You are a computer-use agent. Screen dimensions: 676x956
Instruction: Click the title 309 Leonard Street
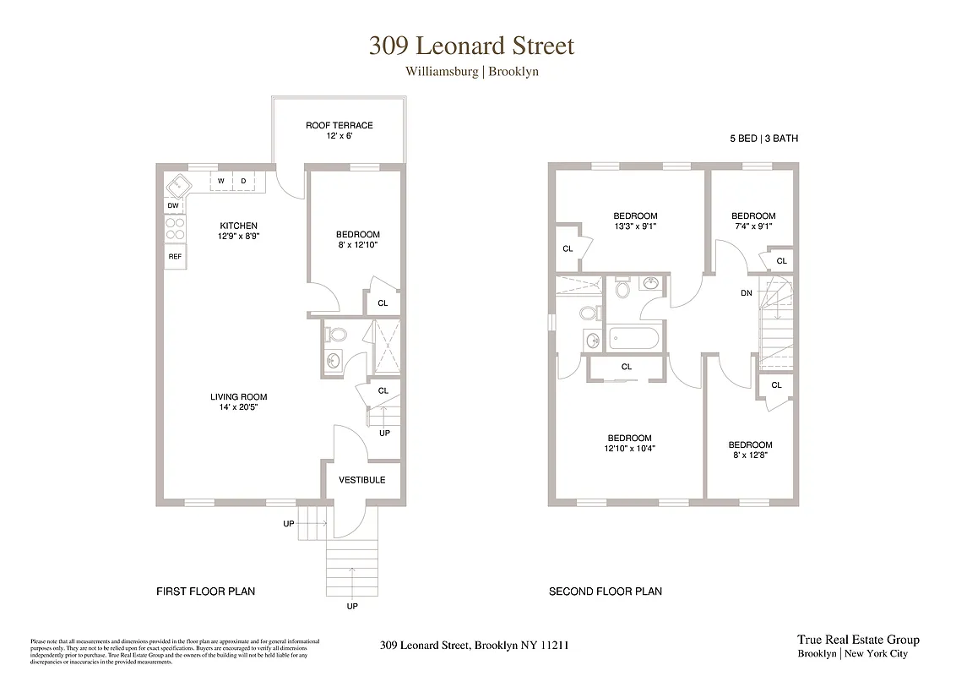pos(471,45)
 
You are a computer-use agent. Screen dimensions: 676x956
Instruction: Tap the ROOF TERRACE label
pos(339,125)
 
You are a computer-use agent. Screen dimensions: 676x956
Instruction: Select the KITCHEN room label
pos(239,226)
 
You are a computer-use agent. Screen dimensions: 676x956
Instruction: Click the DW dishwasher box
pos(173,205)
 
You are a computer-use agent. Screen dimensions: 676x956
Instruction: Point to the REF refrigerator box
pos(175,256)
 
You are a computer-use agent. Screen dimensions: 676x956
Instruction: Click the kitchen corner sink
pos(178,184)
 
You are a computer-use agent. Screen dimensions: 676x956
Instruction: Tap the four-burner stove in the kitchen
pos(175,229)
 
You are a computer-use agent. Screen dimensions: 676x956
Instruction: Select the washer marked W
pos(221,181)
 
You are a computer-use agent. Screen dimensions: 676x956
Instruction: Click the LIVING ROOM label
pos(239,396)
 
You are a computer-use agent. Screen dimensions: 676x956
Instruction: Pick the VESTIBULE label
pos(361,480)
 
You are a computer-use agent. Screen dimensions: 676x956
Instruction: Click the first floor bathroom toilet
pos(334,334)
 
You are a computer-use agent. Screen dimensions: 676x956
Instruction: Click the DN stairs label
pos(746,294)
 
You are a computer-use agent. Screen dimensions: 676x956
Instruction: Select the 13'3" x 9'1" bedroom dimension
pos(635,226)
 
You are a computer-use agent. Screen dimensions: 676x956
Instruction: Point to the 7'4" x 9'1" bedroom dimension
pos(752,226)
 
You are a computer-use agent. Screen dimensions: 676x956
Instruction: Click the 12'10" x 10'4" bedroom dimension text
pos(629,449)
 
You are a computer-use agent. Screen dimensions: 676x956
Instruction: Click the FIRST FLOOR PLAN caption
pos(206,591)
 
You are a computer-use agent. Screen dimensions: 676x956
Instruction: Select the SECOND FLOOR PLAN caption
pos(605,591)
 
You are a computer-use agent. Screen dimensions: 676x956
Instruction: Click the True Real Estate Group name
pos(858,640)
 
